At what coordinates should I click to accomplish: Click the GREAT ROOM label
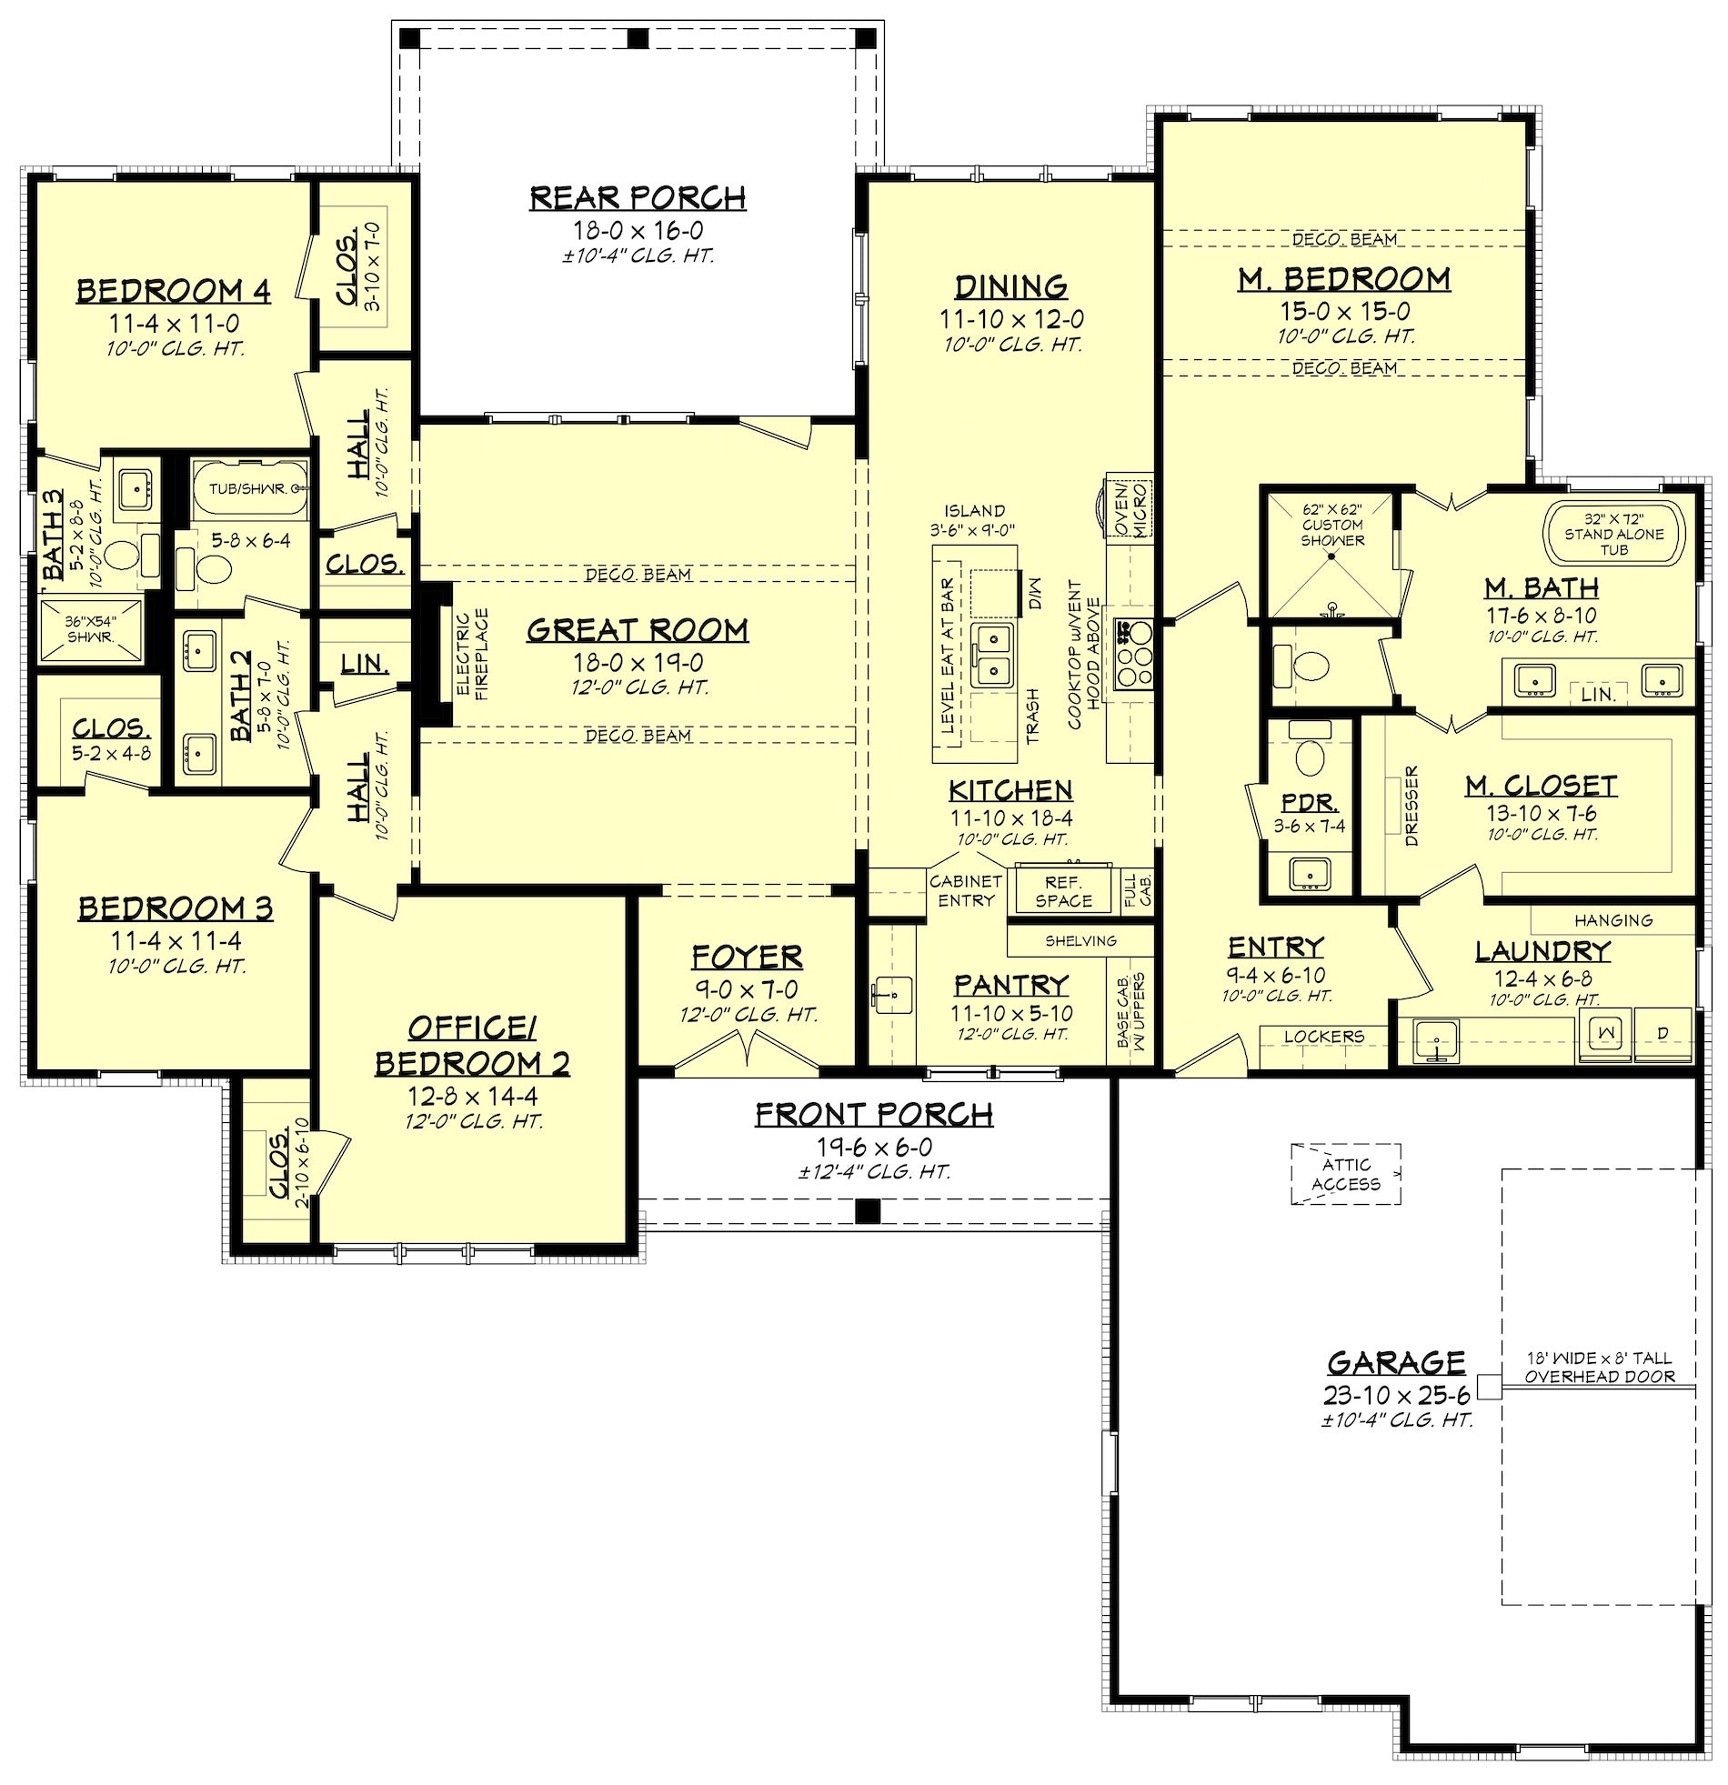638,629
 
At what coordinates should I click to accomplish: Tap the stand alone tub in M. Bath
1614,534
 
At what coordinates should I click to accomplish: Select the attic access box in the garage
1345,1174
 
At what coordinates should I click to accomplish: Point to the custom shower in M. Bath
1331,555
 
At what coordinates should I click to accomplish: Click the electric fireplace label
473,654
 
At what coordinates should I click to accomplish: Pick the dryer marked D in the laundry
1663,1033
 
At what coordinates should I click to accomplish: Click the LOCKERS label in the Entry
1323,1037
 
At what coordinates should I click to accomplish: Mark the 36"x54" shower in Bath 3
91,629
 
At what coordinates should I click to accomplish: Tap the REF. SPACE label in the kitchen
1062,891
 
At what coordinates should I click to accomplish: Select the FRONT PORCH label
874,1114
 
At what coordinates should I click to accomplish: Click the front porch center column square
868,1210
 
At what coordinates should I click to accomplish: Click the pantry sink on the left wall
889,995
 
